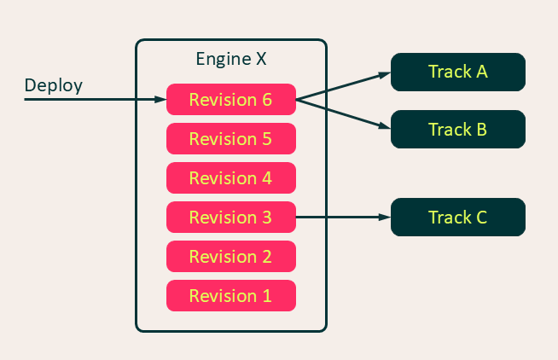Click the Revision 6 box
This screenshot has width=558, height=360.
[x=230, y=100]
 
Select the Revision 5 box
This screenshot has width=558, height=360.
[x=230, y=139]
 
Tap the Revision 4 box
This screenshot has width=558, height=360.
[x=230, y=178]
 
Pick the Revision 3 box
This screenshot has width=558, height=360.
[x=230, y=218]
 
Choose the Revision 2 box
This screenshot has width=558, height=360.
[x=230, y=257]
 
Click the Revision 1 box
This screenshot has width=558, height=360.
[x=230, y=296]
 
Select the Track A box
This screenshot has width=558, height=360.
[x=457, y=72]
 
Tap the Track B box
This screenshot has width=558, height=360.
[x=457, y=130]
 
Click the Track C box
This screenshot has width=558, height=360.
[x=457, y=218]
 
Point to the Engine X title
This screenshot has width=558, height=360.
[x=231, y=60]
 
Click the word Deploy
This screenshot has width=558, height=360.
[x=53, y=85]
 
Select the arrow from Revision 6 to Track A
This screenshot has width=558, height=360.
[x=341, y=86]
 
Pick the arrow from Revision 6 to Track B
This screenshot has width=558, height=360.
[x=341, y=114]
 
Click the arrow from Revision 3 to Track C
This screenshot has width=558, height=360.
[x=341, y=218]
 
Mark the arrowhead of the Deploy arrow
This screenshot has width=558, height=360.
[x=161, y=100]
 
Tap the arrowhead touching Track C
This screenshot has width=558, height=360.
[x=385, y=218]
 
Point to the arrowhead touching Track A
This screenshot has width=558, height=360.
[x=385, y=74]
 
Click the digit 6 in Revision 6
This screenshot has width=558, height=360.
[x=266, y=100]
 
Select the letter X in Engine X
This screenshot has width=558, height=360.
[x=260, y=60]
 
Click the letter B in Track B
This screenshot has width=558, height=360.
[x=481, y=130]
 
